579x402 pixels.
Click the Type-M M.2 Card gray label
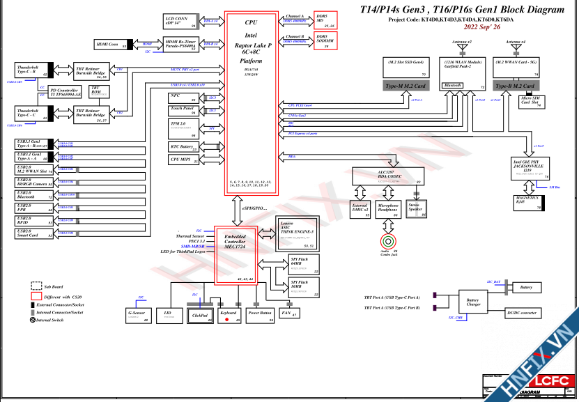click(404, 86)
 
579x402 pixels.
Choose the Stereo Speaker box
click(417, 209)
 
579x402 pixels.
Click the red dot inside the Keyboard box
click(226, 320)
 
